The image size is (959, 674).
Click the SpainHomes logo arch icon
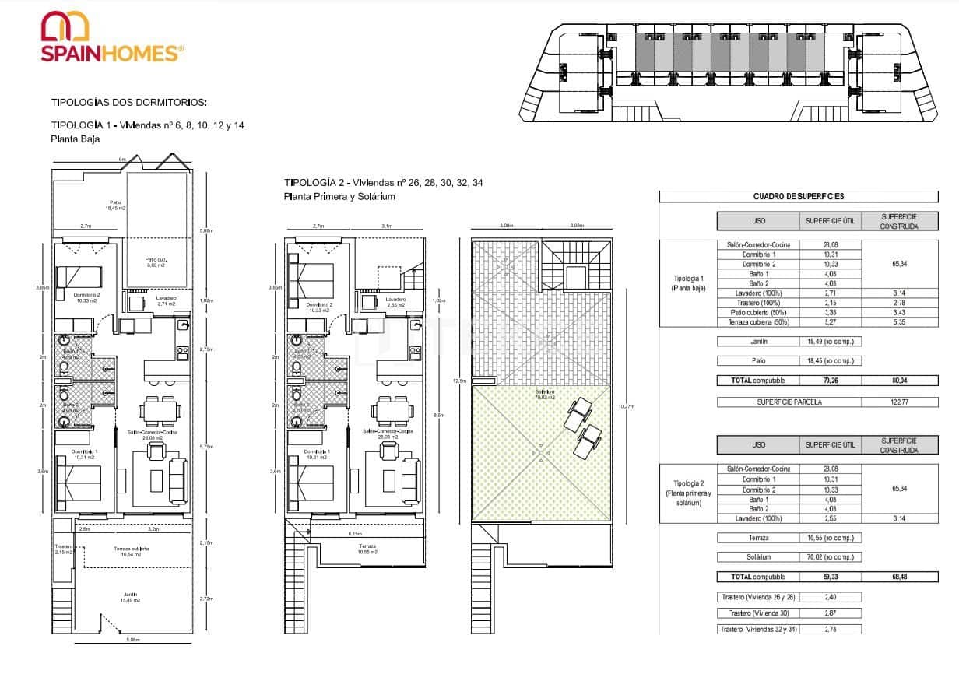pyautogui.click(x=66, y=26)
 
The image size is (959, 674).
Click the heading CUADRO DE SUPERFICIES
pyautogui.click(x=799, y=197)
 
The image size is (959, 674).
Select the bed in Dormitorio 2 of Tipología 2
pyautogui.click(x=311, y=276)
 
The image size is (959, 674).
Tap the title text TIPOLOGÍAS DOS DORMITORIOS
pyautogui.click(x=129, y=102)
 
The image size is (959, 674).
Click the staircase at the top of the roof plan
pyautogui.click(x=575, y=266)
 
